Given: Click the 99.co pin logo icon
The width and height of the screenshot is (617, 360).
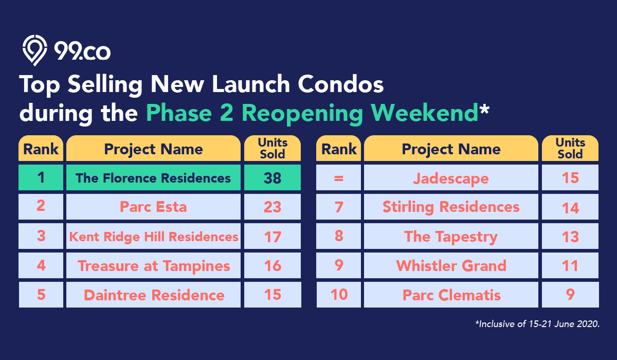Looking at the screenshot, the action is point(35,50).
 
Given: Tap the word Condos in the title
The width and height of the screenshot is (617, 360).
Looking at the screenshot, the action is point(340,84).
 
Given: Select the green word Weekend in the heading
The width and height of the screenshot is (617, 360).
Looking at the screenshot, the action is point(424,113).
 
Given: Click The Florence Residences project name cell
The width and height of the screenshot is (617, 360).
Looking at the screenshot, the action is point(153,177).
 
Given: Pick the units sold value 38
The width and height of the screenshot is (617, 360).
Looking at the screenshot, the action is point(273,177).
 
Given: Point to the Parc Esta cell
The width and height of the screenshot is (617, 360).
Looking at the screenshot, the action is point(153,207).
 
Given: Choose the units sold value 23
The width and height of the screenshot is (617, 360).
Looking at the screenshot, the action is point(273,207).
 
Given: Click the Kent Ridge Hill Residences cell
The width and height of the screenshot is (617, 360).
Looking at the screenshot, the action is point(153,236).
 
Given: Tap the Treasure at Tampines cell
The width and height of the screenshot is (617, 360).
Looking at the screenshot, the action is point(153,265).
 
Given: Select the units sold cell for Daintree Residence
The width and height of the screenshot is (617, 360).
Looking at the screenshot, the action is point(273,295).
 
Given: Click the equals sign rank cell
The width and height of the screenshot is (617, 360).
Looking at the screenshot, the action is point(338,177).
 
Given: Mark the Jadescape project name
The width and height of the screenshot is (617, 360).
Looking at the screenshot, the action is point(451,178).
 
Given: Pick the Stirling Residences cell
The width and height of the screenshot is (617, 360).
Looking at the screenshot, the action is point(451,207).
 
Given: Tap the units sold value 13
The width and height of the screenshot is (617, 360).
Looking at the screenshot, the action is point(570,236).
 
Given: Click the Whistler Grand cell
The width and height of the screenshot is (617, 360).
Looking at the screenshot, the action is point(451,265).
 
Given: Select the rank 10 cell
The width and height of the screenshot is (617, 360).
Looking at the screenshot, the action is point(338,295).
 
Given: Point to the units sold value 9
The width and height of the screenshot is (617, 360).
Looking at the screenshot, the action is point(570,295).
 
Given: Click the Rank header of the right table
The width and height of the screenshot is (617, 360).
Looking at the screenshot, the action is point(338,148).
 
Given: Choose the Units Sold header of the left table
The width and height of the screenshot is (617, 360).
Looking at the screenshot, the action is point(273,148).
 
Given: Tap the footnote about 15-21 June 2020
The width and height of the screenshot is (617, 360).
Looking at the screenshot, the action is point(537,324).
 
